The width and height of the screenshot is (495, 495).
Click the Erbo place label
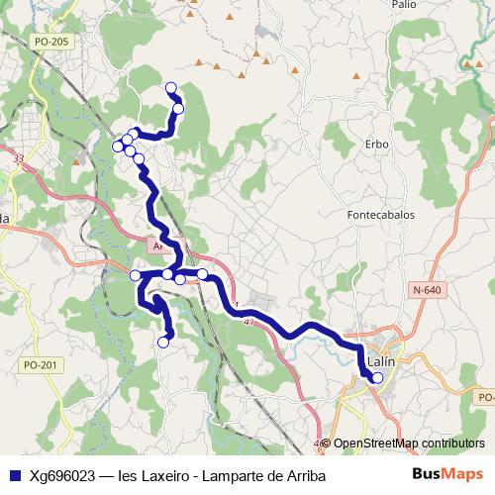pos(376,145)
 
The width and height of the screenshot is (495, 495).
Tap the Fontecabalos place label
pos(380,214)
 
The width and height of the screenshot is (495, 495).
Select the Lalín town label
pos(381,362)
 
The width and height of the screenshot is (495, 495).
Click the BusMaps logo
pos(446,474)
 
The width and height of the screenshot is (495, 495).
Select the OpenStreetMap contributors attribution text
pos(409,444)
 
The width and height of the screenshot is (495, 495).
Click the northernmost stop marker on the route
pos(170,87)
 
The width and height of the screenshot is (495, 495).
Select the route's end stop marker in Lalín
pos(377,377)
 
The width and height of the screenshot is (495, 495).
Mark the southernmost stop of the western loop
pos(163,343)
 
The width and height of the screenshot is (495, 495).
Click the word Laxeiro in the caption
pos(162,475)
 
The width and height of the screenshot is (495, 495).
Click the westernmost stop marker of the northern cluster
pos(118,147)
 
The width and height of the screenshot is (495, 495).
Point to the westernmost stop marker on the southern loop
pos(136,275)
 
